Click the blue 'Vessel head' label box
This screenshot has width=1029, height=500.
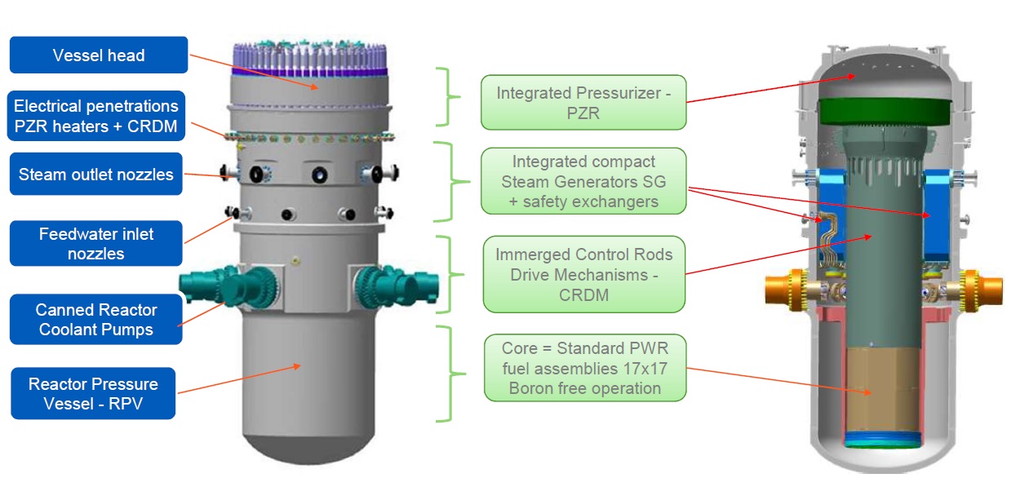point(99,55)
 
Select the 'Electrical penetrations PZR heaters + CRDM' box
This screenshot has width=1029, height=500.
point(96,116)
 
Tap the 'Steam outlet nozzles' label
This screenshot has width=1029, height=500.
point(95,174)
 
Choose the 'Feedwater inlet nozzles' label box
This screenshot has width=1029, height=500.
point(95,244)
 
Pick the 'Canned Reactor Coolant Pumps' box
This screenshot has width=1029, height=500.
point(95,320)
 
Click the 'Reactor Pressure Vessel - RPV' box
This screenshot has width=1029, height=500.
point(93,394)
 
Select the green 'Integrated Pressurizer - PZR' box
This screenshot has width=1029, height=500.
point(583,103)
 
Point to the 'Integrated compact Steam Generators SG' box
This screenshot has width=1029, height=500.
point(583,181)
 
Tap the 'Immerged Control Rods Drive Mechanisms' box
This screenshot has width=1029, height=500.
point(583,274)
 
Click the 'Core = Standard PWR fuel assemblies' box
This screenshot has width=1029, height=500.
point(584,368)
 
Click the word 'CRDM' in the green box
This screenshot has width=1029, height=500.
point(583,294)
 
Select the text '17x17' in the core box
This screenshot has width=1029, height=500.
point(644,369)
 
